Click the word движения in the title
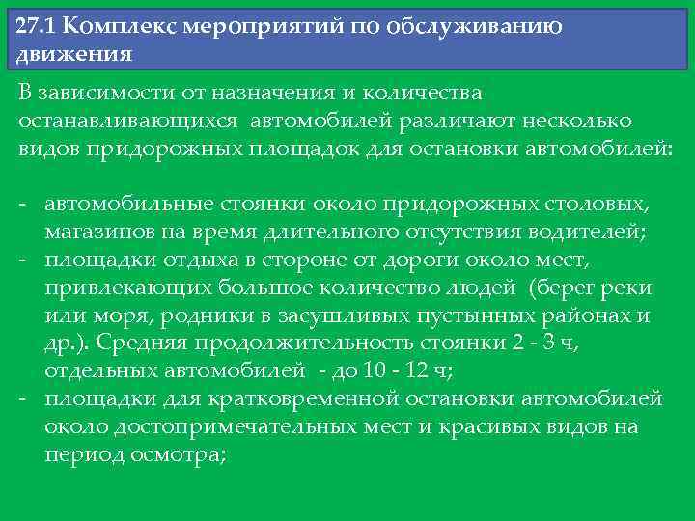click(x=73, y=52)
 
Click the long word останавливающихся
click(x=130, y=123)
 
